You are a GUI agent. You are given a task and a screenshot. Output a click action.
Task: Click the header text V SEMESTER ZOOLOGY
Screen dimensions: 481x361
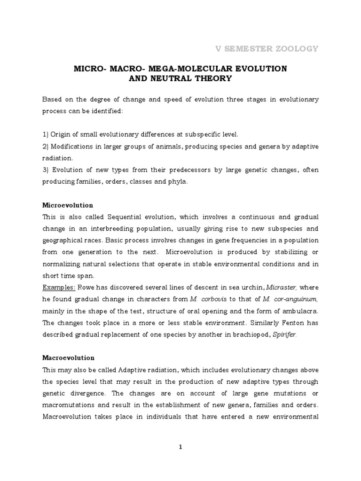pyautogui.click(x=267, y=48)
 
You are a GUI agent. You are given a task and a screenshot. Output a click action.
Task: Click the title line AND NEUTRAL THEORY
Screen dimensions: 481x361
pyautogui.click(x=180, y=78)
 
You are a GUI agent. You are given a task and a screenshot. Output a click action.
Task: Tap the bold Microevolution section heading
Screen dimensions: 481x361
pyautogui.click(x=68, y=205)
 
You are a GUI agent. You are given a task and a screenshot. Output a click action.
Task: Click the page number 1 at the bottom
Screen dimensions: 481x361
pyautogui.click(x=180, y=447)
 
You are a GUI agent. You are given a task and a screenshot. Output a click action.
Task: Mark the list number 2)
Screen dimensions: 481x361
pyautogui.click(x=46, y=147)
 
